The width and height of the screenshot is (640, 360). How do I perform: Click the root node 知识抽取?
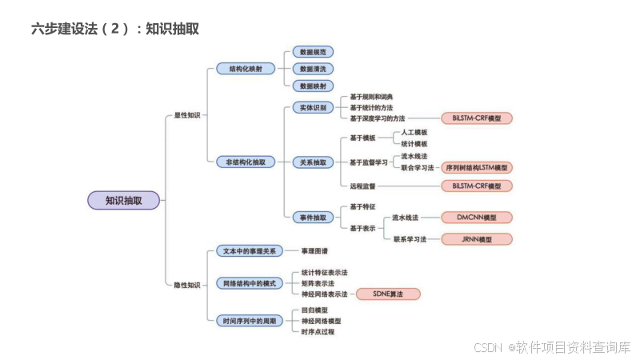click(x=124, y=200)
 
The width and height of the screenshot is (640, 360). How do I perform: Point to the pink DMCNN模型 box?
click(x=476, y=217)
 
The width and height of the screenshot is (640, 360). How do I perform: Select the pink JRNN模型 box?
click(x=476, y=238)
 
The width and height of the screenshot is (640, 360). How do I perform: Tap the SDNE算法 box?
click(x=388, y=294)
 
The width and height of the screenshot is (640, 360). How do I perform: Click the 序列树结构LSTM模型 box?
click(x=476, y=168)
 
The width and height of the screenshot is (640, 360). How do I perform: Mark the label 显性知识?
click(x=187, y=115)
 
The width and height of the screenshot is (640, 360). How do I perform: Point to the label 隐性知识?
click(x=187, y=284)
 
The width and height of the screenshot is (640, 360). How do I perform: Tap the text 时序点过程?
click(x=318, y=331)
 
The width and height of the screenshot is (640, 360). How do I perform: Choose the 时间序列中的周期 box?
click(x=249, y=321)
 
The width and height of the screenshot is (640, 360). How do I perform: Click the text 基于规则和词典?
click(x=371, y=97)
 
